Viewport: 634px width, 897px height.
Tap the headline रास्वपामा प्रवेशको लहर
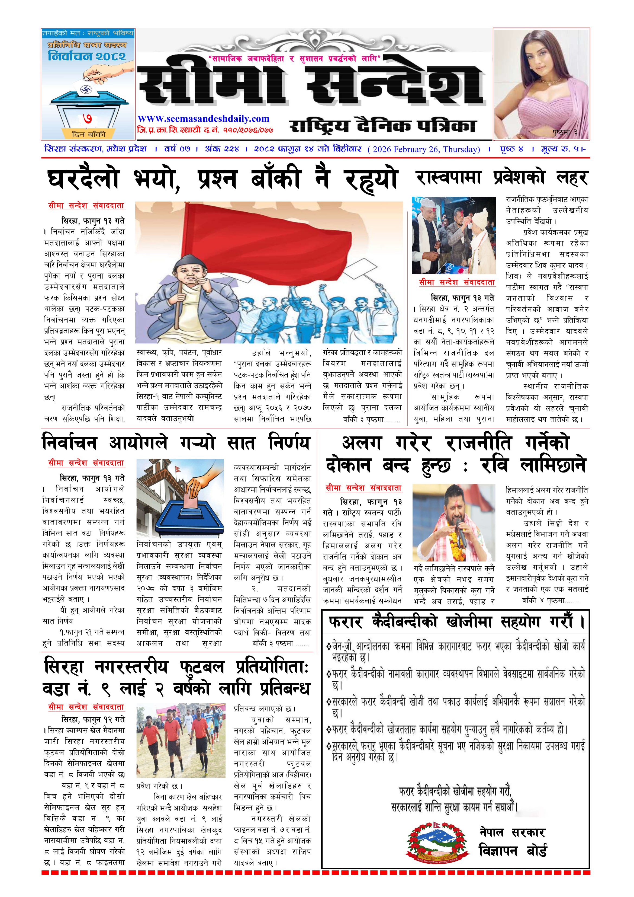tap(502, 178)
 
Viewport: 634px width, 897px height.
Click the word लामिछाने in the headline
tap(553, 466)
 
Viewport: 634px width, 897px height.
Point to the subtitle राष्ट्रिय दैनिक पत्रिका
tap(382, 126)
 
